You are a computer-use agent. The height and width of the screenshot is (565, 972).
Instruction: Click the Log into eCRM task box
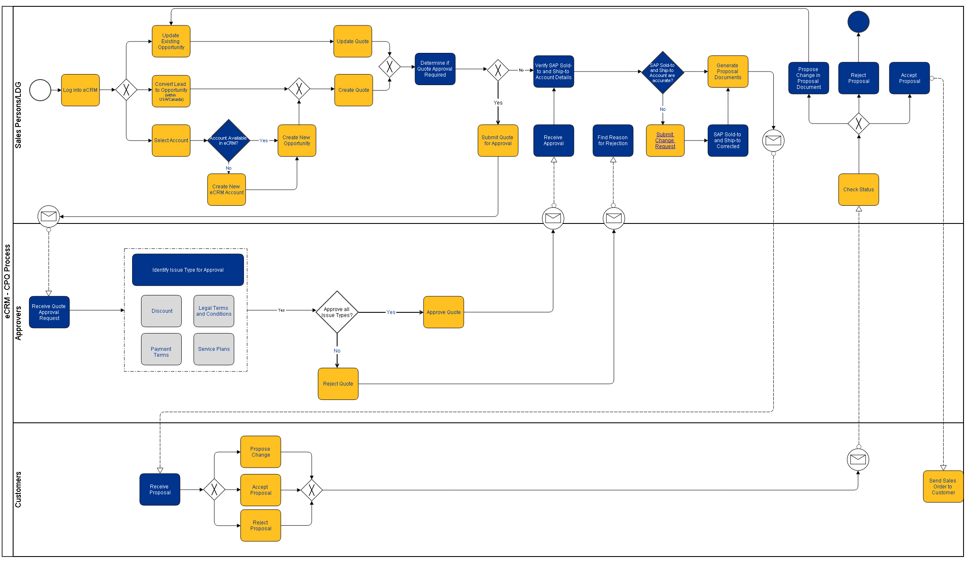point(80,90)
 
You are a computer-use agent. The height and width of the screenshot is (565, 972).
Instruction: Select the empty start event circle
point(40,90)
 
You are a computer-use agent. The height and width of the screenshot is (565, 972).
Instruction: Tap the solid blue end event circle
point(858,22)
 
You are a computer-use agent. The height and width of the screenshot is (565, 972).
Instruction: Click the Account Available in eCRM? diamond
point(228,141)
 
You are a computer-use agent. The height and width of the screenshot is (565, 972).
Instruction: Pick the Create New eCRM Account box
point(226,190)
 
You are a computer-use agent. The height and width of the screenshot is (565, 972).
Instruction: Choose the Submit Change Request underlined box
point(665,141)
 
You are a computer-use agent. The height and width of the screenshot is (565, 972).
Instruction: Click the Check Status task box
point(858,190)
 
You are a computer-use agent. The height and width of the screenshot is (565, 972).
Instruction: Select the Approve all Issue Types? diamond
point(337,312)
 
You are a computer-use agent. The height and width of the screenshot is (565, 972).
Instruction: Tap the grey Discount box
point(161,311)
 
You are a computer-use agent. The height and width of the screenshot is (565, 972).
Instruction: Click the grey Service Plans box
point(213,349)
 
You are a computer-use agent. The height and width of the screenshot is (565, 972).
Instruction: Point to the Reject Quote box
point(338,384)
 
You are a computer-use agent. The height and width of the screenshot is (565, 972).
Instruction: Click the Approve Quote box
point(443,312)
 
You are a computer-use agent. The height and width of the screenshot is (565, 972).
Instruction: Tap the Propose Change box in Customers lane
point(260,452)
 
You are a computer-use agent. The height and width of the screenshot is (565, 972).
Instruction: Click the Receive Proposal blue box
point(160,490)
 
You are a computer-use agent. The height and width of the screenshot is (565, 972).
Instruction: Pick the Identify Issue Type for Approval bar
point(188,270)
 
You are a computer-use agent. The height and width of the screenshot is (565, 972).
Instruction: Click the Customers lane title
point(18,490)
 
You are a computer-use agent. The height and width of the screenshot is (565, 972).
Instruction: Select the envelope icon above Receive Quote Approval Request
point(49,216)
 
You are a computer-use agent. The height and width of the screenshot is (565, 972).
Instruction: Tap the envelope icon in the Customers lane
point(858,460)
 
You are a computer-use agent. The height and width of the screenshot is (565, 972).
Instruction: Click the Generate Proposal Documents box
point(727,72)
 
